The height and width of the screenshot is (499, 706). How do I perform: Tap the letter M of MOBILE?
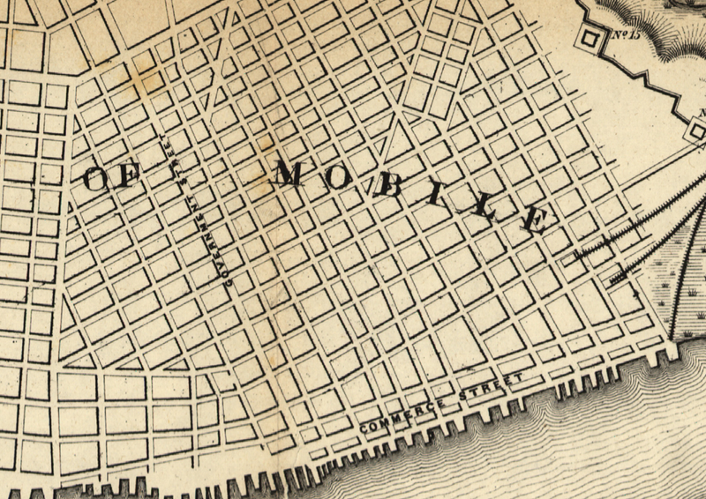[x=288, y=175]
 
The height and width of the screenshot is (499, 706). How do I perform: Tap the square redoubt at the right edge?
[x=697, y=131]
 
